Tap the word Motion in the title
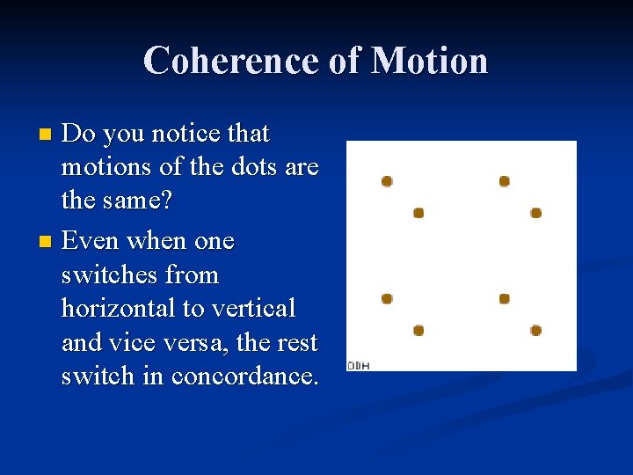point(429,61)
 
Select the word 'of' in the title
point(344,61)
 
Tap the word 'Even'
point(93,240)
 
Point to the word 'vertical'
point(252,308)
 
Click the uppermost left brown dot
point(387,181)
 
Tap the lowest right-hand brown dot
point(536,331)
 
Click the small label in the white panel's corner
point(358,365)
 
